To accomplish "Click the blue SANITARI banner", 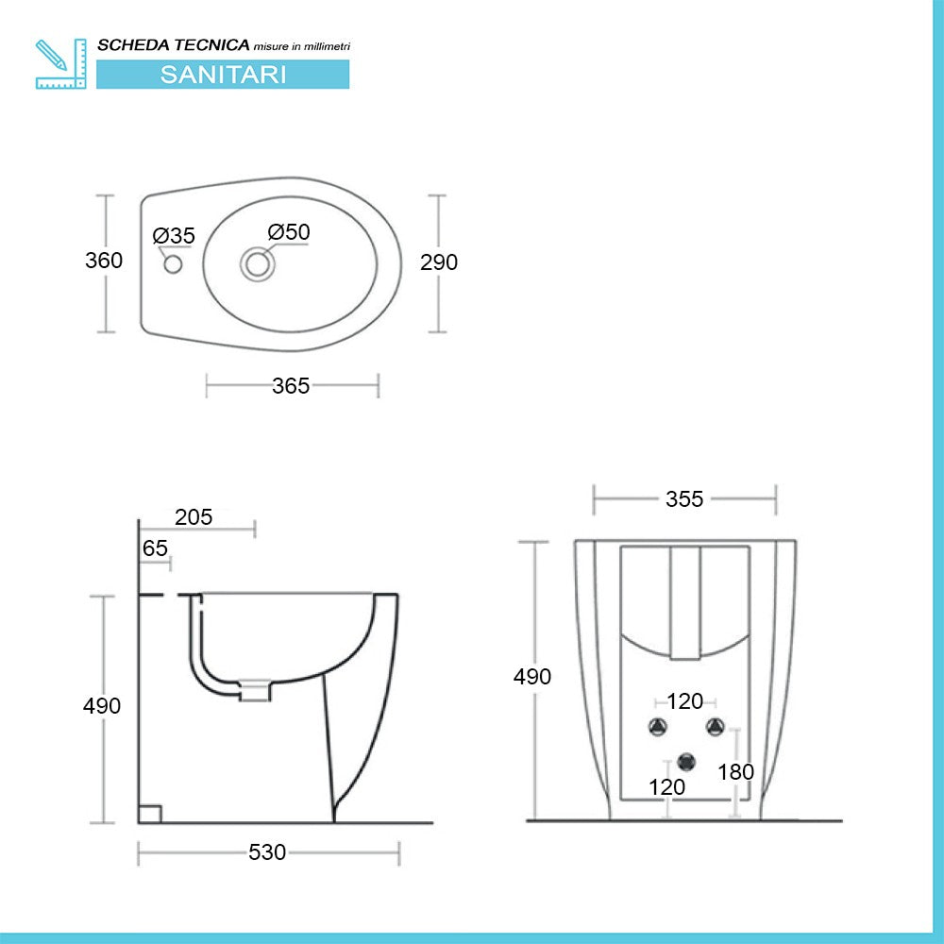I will point(223,75).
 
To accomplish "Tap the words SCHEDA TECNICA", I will point(174,44).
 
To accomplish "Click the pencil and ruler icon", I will point(60,64).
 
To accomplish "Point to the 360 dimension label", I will point(104,261).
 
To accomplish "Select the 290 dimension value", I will point(439,262).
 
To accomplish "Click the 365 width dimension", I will point(291,385).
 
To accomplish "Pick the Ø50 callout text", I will point(288,232).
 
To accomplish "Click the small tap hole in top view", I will point(173,264).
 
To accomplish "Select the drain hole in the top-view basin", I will point(256,263).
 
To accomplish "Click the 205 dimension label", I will point(194,517).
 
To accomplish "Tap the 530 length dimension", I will point(267,852).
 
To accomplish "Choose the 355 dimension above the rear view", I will point(684,499).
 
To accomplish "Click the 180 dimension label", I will point(735,772).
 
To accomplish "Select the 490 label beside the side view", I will point(102,706).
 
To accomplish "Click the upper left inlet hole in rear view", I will point(657,726).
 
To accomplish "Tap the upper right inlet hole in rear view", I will point(715,726).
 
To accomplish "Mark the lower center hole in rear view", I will point(685,760).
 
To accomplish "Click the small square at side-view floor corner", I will point(150,813).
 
